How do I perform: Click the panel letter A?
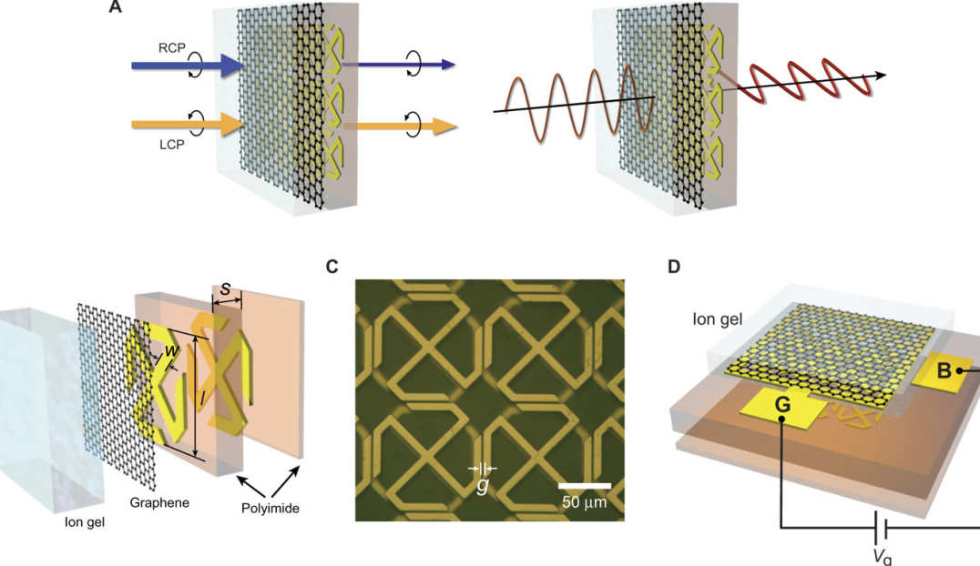coord(115,7)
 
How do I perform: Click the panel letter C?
coord(332,267)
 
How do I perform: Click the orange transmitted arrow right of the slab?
coord(401,126)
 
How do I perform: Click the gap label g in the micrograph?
coord(483,486)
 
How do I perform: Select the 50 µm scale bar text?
coord(584,501)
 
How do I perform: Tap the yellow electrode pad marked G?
coord(782,409)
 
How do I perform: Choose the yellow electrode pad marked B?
coord(946,369)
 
